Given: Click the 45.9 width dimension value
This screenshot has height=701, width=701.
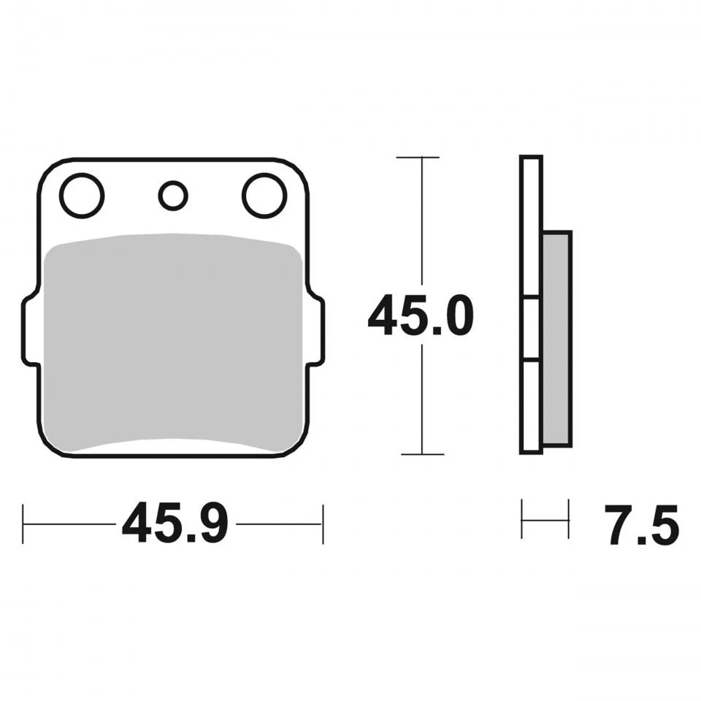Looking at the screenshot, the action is coord(175,523).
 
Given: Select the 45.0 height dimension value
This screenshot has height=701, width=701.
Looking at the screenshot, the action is coord(421,315).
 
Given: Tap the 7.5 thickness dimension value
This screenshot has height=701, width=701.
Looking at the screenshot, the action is coord(642,525).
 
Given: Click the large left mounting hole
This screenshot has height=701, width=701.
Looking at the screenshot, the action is coord(82,196).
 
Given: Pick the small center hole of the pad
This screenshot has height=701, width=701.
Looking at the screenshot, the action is coord(173,196).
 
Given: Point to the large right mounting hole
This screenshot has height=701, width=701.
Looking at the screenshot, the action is coord(264,196).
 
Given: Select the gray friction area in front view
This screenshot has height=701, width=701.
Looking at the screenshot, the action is coord(174,342).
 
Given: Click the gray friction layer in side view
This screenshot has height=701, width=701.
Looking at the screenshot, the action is coord(557,338).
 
